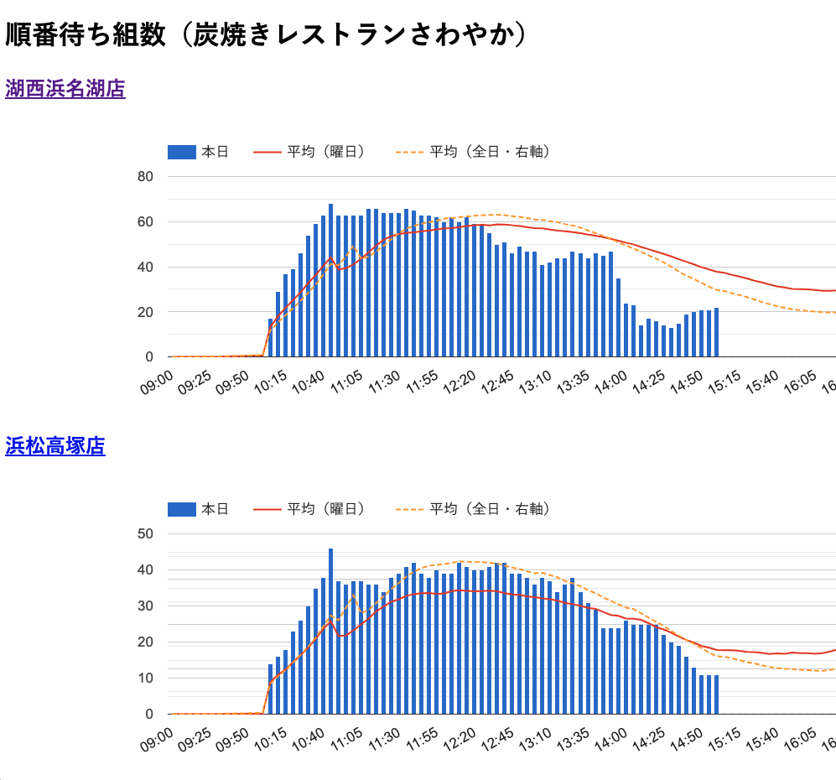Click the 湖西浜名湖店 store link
click(x=65, y=89)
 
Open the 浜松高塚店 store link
click(x=55, y=446)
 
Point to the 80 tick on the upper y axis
click(x=145, y=177)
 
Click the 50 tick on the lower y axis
click(x=145, y=534)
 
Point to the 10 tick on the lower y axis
click(x=145, y=679)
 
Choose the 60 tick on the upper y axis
click(x=145, y=222)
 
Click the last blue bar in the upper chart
click(x=716, y=332)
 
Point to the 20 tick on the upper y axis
click(x=145, y=312)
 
